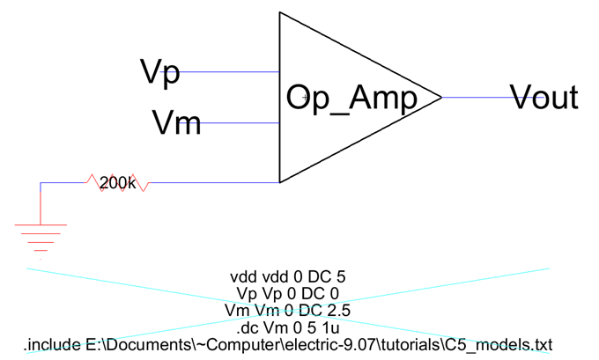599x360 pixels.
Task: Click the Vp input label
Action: (160, 71)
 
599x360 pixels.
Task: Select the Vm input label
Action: (176, 121)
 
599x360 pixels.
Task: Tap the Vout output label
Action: (544, 97)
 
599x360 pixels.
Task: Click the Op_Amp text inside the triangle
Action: (351, 99)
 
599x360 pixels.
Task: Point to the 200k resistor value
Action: (116, 183)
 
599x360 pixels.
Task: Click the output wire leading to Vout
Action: (476, 97)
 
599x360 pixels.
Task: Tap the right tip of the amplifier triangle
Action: (440, 97)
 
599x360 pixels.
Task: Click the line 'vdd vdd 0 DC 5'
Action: (288, 276)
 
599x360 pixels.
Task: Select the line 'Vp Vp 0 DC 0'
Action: (288, 293)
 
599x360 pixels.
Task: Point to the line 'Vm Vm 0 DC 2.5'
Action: (288, 310)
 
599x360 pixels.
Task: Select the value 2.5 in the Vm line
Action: (339, 310)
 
